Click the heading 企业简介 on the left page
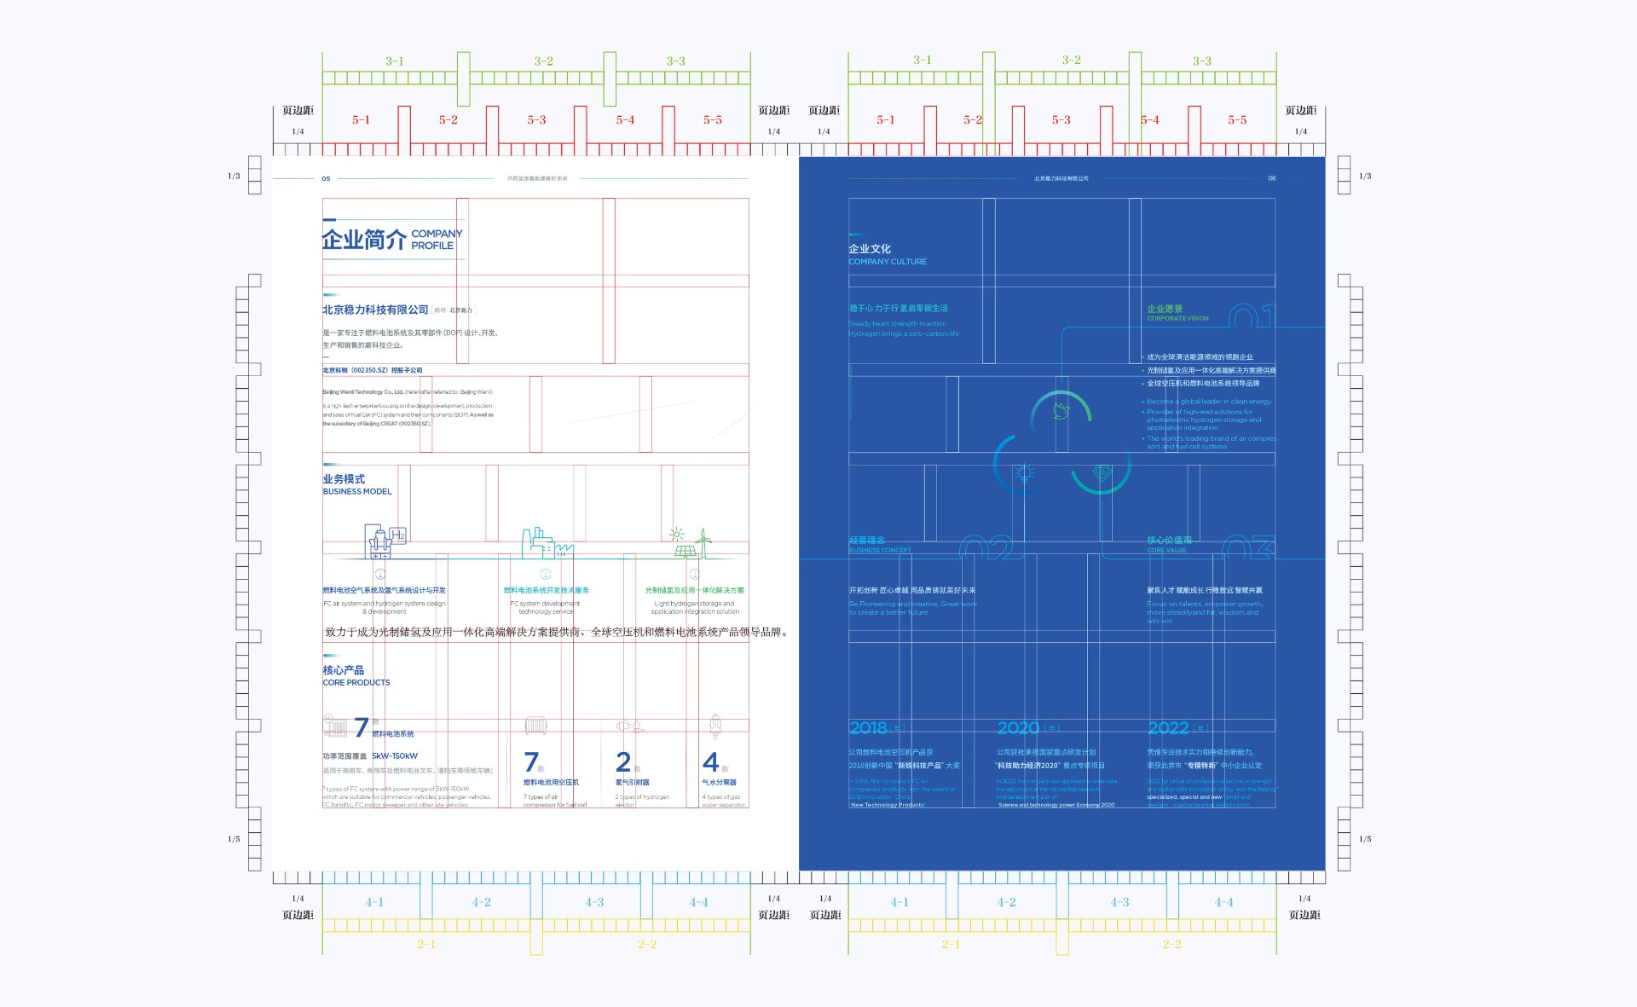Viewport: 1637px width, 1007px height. click(x=364, y=240)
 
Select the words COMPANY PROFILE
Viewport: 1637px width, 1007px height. click(x=436, y=240)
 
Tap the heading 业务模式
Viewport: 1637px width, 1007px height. click(x=344, y=479)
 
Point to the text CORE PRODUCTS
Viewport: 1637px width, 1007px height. click(x=356, y=683)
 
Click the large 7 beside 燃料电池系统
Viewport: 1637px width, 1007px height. click(x=362, y=727)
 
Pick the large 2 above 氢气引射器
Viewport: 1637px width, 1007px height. click(x=623, y=761)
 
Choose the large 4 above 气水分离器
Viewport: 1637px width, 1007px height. click(x=710, y=761)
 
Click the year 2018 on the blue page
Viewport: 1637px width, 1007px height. click(x=868, y=728)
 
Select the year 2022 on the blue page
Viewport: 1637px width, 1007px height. click(x=1168, y=728)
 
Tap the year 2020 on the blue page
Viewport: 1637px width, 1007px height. click(x=1018, y=728)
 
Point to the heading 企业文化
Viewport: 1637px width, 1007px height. click(x=870, y=249)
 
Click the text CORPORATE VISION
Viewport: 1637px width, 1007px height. click(x=1177, y=319)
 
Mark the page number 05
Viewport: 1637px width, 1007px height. click(x=326, y=179)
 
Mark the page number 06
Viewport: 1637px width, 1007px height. click(x=1271, y=178)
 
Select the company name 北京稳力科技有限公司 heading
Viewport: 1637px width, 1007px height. click(x=375, y=310)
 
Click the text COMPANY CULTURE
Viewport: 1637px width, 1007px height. click(x=888, y=262)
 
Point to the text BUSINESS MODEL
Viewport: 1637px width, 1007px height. click(x=357, y=492)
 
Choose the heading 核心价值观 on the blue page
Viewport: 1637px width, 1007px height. click(x=1169, y=541)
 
